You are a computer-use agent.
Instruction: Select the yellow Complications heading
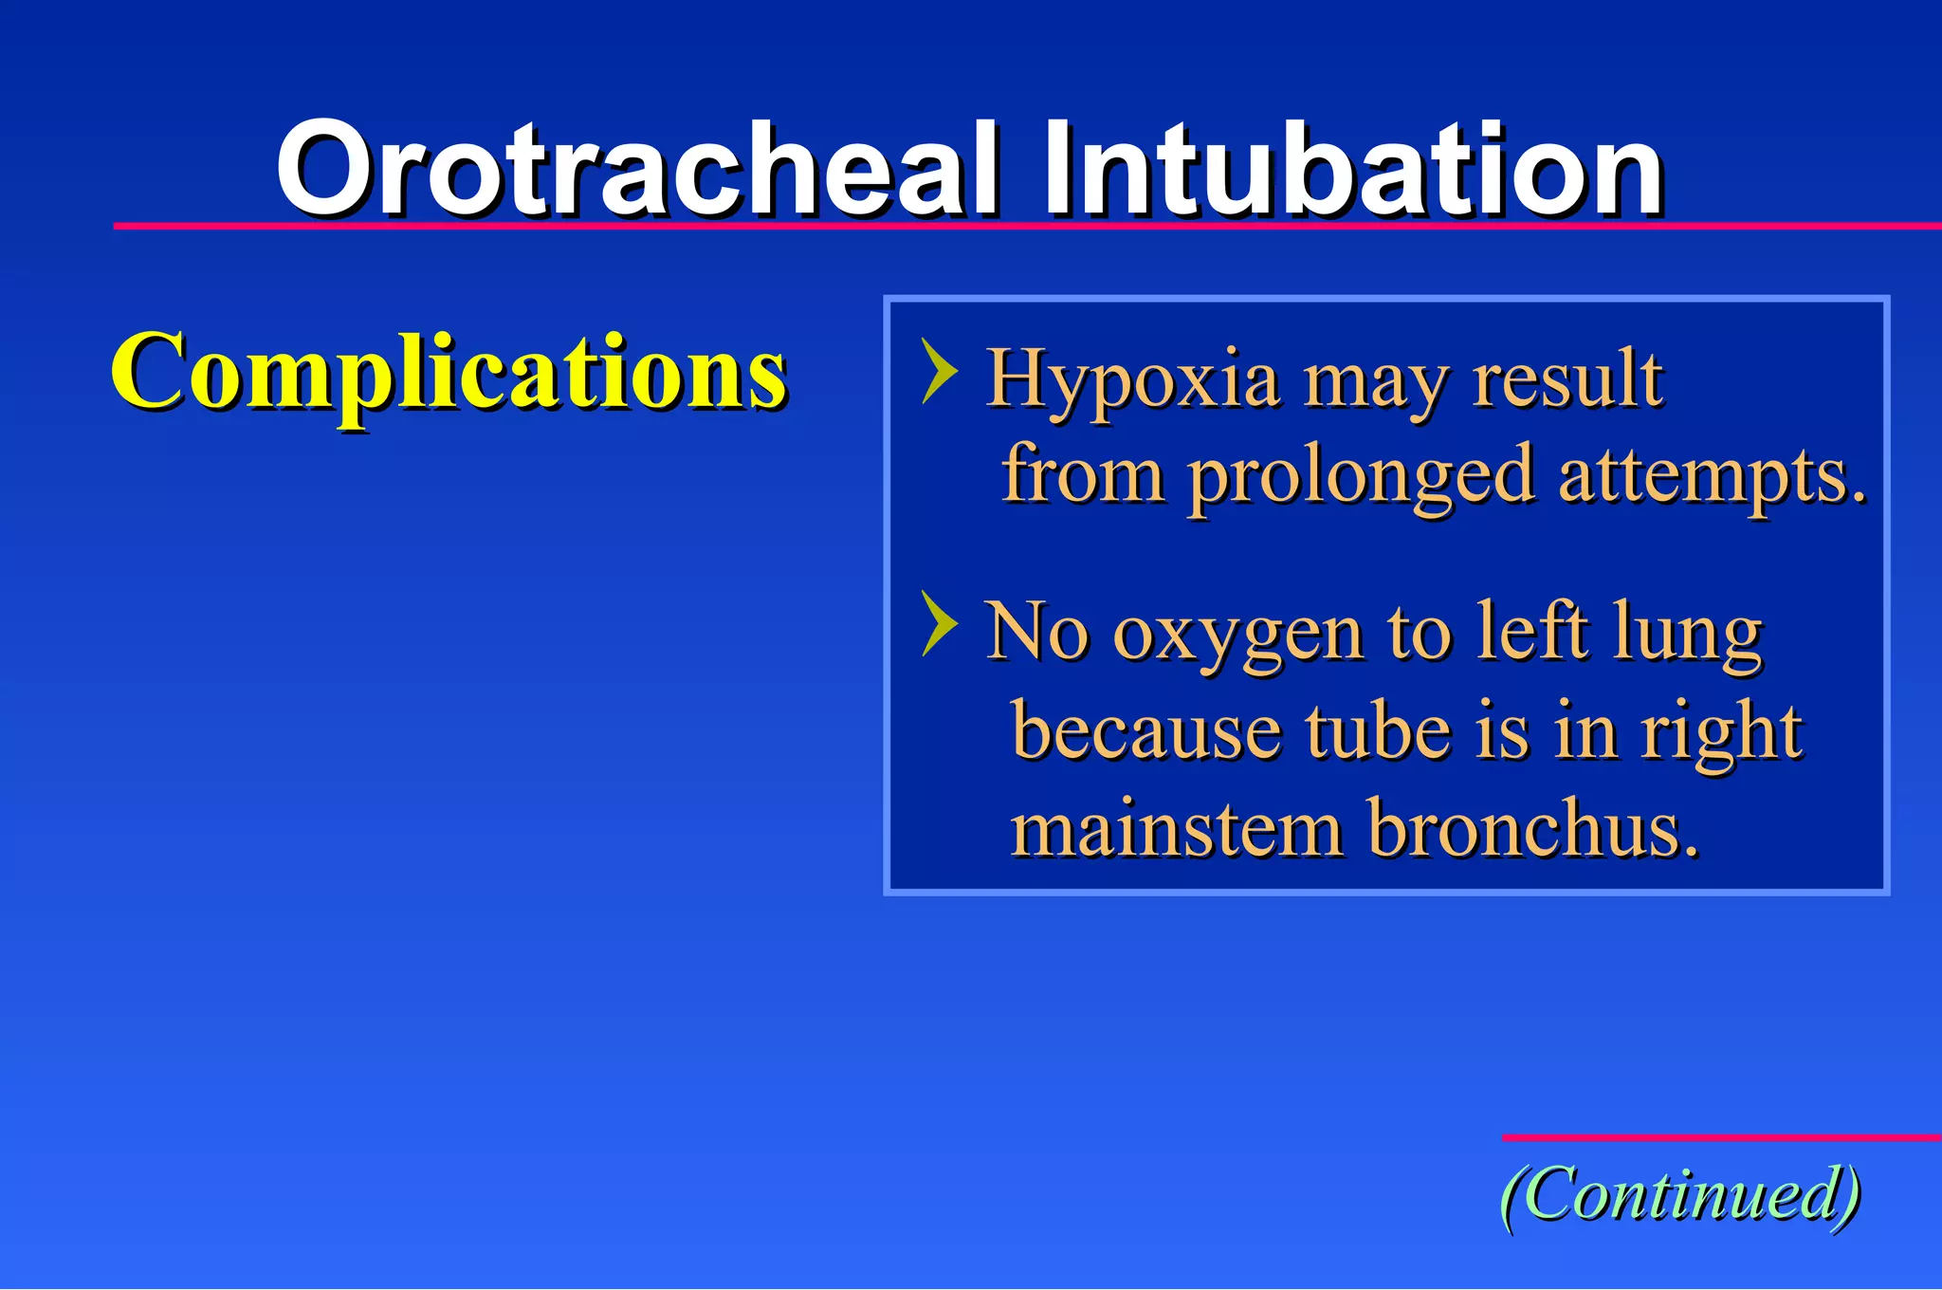click(448, 372)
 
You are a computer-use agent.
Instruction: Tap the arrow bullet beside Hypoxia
click(939, 372)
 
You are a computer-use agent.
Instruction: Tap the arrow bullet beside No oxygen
click(939, 623)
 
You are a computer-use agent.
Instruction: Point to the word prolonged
click(1361, 476)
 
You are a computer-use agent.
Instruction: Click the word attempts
click(1710, 476)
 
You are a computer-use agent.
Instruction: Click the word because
click(1145, 732)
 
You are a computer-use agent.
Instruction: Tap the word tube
click(1378, 732)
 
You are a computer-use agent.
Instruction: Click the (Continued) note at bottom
click(1680, 1195)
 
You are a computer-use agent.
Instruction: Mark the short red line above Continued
click(1721, 1136)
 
